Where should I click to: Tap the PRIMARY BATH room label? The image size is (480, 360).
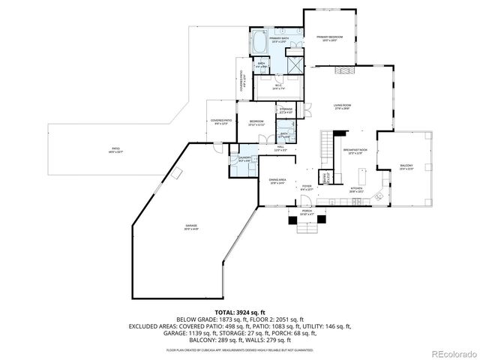pos(280,39)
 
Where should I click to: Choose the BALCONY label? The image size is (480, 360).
pos(406,166)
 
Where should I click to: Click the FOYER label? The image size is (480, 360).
pos(307,187)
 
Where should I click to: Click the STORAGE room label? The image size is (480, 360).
pos(286,110)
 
